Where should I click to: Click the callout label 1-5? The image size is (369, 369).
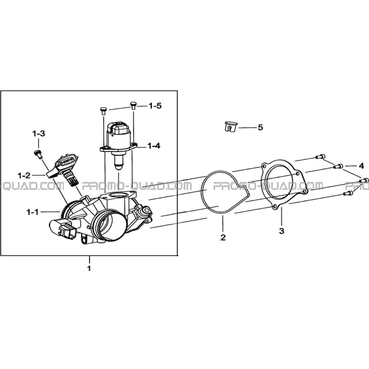155,106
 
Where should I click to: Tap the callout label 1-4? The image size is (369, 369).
154,146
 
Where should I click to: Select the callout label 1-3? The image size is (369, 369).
39,134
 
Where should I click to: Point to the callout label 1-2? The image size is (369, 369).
24,176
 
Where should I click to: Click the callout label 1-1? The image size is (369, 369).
32,212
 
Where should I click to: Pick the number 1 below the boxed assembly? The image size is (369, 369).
89,268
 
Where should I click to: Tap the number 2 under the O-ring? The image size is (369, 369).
223,237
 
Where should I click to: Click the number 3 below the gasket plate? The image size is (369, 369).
281,231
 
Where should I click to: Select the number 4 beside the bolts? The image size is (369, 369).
362,166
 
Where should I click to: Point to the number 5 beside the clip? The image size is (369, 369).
260,127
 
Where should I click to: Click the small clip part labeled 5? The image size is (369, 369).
230,127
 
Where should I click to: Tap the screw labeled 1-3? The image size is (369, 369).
38,154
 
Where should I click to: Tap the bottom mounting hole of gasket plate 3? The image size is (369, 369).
275,207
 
